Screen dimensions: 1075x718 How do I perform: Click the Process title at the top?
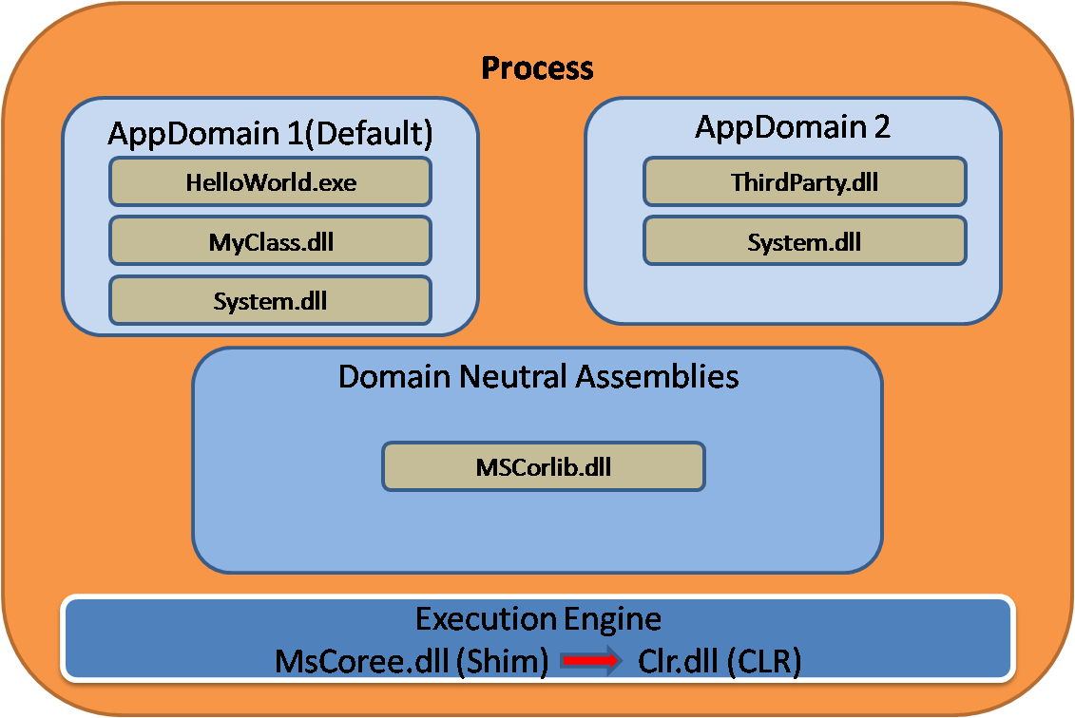[538, 67]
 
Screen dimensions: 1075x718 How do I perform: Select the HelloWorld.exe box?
[270, 181]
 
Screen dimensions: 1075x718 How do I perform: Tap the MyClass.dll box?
[270, 241]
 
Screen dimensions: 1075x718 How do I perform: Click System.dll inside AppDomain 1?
[270, 300]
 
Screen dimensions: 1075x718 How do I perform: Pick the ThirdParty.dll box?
[805, 181]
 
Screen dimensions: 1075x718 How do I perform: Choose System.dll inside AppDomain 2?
[805, 241]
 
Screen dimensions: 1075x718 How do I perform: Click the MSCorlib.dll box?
[544, 466]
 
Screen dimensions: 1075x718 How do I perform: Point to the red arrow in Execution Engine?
[591, 660]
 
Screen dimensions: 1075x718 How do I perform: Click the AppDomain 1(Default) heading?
[270, 134]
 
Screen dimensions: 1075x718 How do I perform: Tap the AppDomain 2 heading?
[793, 126]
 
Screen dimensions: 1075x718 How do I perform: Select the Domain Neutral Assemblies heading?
[539, 376]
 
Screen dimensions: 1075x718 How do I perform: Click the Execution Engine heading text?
[538, 619]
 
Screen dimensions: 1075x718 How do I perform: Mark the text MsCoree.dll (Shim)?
[412, 662]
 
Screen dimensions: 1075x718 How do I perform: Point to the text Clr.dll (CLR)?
[720, 662]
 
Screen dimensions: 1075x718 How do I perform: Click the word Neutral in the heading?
[513, 376]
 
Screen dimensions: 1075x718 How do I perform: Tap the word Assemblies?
[657, 376]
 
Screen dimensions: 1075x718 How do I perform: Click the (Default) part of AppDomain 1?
[369, 134]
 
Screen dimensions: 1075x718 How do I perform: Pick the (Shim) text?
[503, 662]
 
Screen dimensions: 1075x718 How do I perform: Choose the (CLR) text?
[764, 662]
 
